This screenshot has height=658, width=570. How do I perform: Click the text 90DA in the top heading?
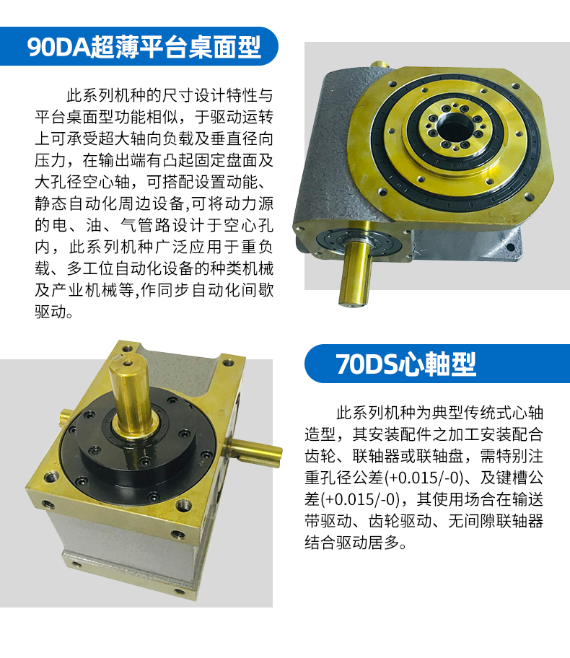pos(59,47)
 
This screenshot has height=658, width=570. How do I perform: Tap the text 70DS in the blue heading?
pos(367,364)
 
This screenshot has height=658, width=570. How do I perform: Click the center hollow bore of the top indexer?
pos(452,128)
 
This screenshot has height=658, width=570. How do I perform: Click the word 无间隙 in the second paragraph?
pos(472,521)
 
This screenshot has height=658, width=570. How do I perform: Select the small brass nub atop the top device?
pos(380,65)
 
